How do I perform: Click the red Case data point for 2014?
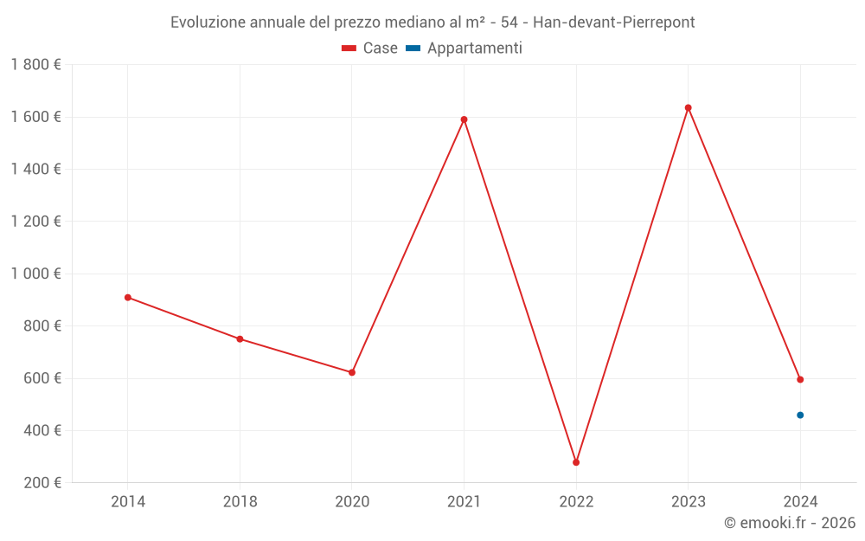tap(128, 298)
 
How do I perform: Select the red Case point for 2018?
tap(240, 339)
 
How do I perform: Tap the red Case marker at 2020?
tap(352, 372)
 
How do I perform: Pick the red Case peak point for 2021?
tap(465, 119)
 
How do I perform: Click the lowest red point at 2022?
tap(576, 462)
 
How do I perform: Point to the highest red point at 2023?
tap(689, 108)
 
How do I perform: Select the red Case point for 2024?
tap(800, 379)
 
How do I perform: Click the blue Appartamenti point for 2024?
tap(800, 415)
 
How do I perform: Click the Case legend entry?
tap(370, 48)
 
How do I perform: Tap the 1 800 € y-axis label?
tap(35, 65)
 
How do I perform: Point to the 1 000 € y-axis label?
tap(35, 274)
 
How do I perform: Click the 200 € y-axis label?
tap(42, 483)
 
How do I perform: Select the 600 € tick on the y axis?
tap(42, 378)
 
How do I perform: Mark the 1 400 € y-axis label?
tap(35, 170)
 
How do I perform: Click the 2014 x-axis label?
tap(128, 502)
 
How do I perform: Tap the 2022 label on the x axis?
tap(576, 502)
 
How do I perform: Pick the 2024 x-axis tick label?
tap(800, 502)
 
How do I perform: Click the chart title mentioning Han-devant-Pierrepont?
tap(432, 23)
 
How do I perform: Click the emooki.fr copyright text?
tap(790, 523)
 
